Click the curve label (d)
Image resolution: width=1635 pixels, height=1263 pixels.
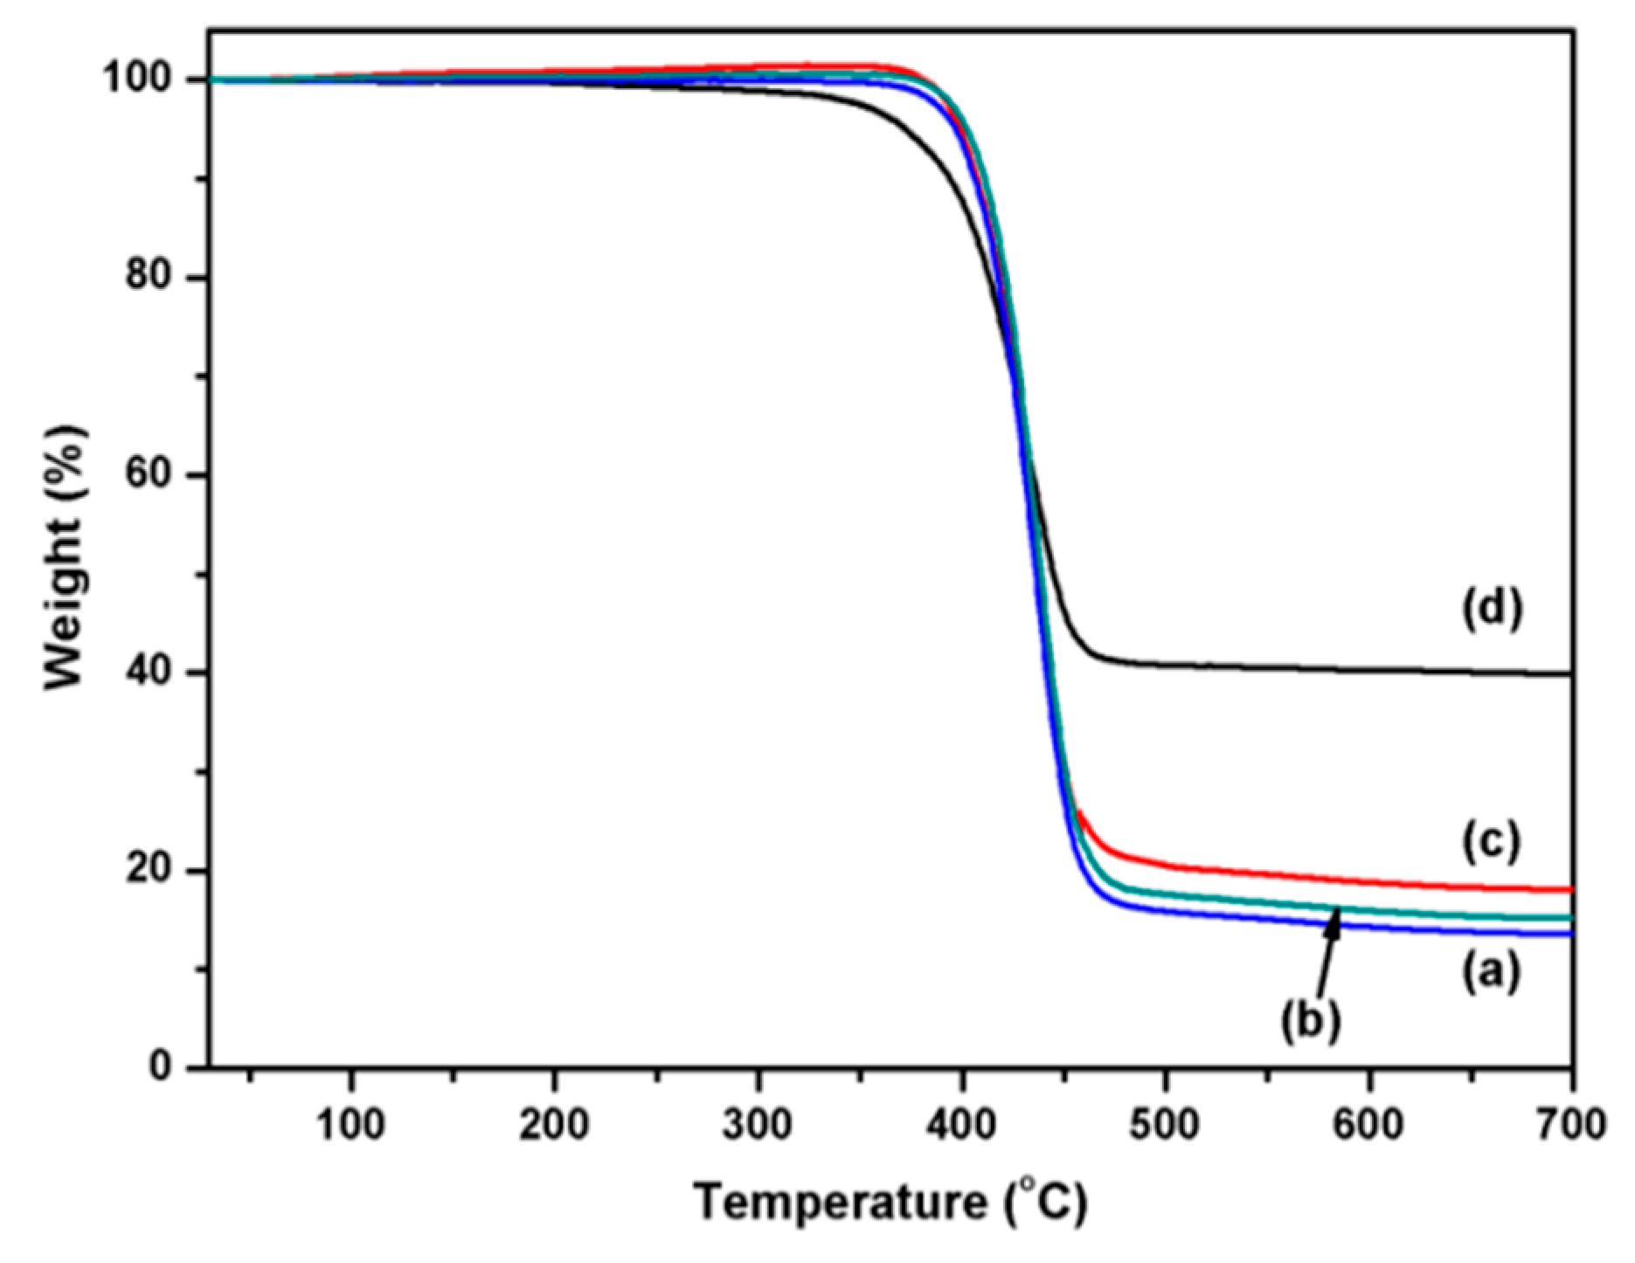click(1492, 609)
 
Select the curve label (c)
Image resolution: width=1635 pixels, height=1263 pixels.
click(1492, 840)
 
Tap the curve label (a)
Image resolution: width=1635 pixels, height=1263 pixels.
click(1492, 970)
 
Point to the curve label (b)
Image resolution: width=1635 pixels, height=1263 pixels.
click(1311, 1019)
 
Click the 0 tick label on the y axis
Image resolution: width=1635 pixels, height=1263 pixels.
click(161, 1066)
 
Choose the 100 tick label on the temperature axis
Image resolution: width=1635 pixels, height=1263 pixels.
click(350, 1126)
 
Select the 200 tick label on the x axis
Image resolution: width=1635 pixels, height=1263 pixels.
click(554, 1126)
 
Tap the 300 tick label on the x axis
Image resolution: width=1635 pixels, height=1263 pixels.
click(758, 1126)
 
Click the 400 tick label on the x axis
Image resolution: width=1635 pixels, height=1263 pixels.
click(961, 1126)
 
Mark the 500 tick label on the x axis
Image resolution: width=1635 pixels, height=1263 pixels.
click(1165, 1126)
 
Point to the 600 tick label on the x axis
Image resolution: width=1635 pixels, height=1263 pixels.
click(1369, 1126)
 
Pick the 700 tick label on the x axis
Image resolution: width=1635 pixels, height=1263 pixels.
click(1571, 1126)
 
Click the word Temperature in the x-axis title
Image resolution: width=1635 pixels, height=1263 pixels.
click(840, 1204)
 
